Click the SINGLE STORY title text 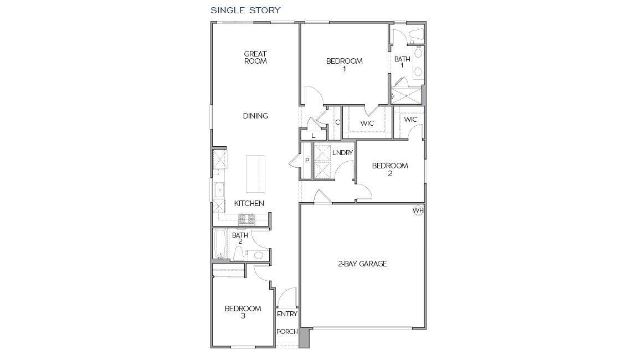245,10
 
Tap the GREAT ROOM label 255,57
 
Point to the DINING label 255,116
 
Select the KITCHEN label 249,203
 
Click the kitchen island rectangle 255,174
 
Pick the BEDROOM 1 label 345,65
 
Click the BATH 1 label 402,62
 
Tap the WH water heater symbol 418,210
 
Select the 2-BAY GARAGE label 362,264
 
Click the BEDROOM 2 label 390,169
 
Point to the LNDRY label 342,153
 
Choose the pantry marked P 306,161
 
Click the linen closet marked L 313,136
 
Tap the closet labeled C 337,122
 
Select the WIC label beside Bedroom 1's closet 367,123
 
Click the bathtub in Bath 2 220,244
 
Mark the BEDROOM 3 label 243,312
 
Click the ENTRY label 287,314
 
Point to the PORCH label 287,332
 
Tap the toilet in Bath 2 238,254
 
